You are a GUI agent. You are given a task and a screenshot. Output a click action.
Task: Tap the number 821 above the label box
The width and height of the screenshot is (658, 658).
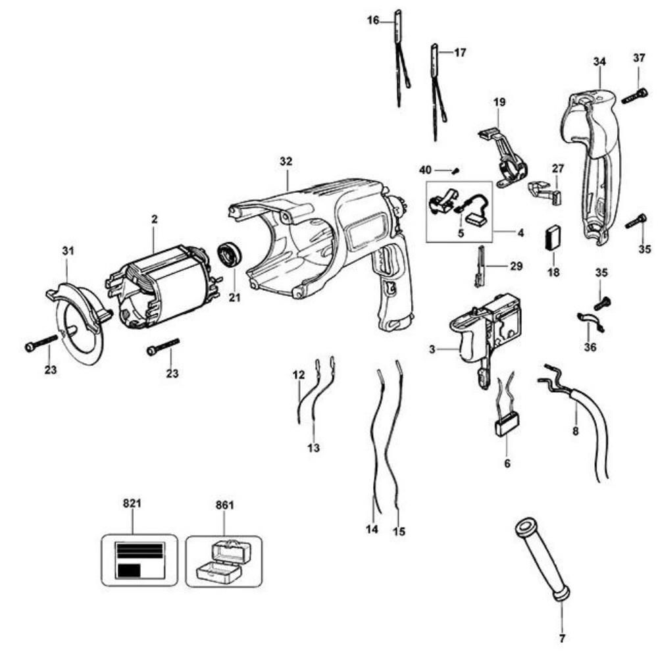[132, 505]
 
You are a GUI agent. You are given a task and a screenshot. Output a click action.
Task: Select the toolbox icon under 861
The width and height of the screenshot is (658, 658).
[224, 561]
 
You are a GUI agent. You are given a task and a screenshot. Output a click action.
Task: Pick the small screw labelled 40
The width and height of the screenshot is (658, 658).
[454, 170]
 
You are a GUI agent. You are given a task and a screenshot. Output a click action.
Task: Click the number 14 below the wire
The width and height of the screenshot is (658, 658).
[372, 528]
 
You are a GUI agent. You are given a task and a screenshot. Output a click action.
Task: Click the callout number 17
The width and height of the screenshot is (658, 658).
[460, 52]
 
